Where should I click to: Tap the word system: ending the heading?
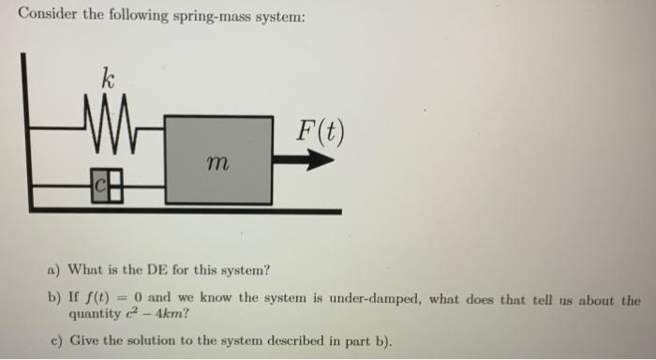click(278, 15)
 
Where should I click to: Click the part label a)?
click(53, 271)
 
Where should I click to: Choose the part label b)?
click(53, 300)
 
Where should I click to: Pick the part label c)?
click(53, 338)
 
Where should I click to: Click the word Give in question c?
click(85, 338)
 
